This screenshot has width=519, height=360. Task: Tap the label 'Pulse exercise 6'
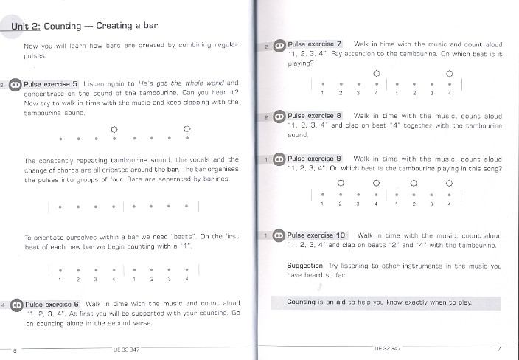tap(52, 304)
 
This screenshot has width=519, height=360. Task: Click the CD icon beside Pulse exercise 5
tap(15, 84)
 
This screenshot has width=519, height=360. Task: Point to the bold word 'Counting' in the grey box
tap(302, 302)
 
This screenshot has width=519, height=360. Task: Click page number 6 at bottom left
tap(15, 349)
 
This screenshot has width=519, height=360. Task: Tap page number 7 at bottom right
tap(498, 348)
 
